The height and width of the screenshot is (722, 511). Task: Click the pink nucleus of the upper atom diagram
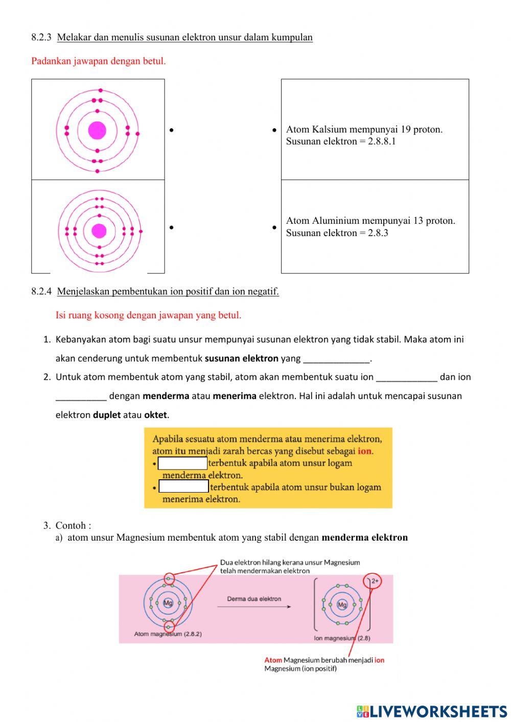(x=97, y=130)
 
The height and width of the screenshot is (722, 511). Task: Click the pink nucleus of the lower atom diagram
(x=99, y=231)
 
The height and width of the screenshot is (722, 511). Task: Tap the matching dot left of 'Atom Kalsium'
(x=274, y=131)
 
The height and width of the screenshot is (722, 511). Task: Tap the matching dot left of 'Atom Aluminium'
(x=274, y=227)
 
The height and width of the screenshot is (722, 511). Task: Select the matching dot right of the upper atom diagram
(x=172, y=131)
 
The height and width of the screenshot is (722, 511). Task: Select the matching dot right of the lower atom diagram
(x=172, y=227)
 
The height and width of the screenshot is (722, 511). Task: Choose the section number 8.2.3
(x=41, y=37)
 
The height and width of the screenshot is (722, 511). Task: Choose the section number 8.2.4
(x=41, y=292)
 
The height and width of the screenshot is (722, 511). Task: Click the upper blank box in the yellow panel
(x=182, y=463)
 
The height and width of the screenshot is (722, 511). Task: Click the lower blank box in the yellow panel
(x=183, y=486)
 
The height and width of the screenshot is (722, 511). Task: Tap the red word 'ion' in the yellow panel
(x=364, y=451)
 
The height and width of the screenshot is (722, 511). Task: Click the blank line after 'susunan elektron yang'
(x=336, y=359)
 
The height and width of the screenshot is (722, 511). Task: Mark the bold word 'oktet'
(x=155, y=415)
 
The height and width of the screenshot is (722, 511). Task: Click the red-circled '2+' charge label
(x=375, y=581)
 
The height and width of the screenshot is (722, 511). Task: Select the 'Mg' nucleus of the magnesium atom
(x=168, y=603)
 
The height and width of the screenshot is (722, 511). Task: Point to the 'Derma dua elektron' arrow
(x=254, y=607)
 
